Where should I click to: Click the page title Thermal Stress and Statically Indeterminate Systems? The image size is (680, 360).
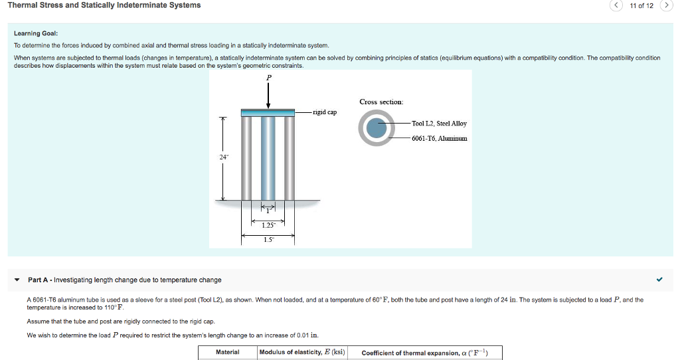click(104, 5)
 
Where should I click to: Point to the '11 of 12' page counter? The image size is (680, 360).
click(641, 6)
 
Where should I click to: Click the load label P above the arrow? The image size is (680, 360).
click(269, 78)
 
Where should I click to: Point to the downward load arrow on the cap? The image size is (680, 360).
click(268, 96)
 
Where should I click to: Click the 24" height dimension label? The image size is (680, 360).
click(223, 157)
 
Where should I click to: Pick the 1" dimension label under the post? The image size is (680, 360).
click(268, 211)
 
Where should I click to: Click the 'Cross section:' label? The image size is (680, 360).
click(381, 102)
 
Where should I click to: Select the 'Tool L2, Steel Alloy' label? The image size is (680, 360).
click(439, 124)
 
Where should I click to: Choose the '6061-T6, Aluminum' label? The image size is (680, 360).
click(439, 138)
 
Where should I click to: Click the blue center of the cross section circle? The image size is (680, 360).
click(377, 130)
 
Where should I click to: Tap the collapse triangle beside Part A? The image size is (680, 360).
click(17, 280)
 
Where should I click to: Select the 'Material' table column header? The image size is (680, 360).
click(227, 352)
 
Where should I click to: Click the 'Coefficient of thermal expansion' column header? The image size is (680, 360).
click(424, 353)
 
